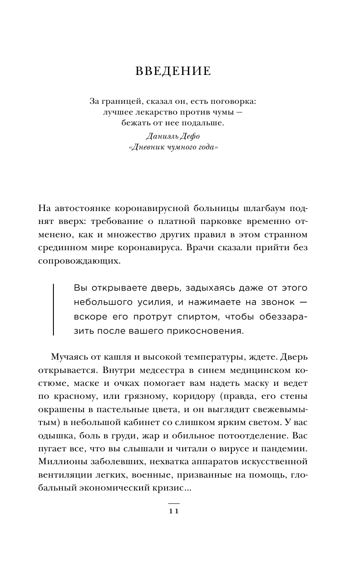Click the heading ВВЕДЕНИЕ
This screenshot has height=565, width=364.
coord(173,71)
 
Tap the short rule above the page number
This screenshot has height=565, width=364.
coord(173,503)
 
